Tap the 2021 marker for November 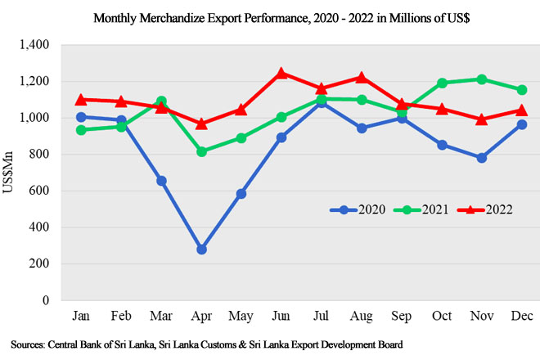pyautogui.click(x=481, y=79)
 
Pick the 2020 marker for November pyautogui.click(x=481, y=158)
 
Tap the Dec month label pyautogui.click(x=521, y=315)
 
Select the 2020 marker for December pyautogui.click(x=521, y=124)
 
